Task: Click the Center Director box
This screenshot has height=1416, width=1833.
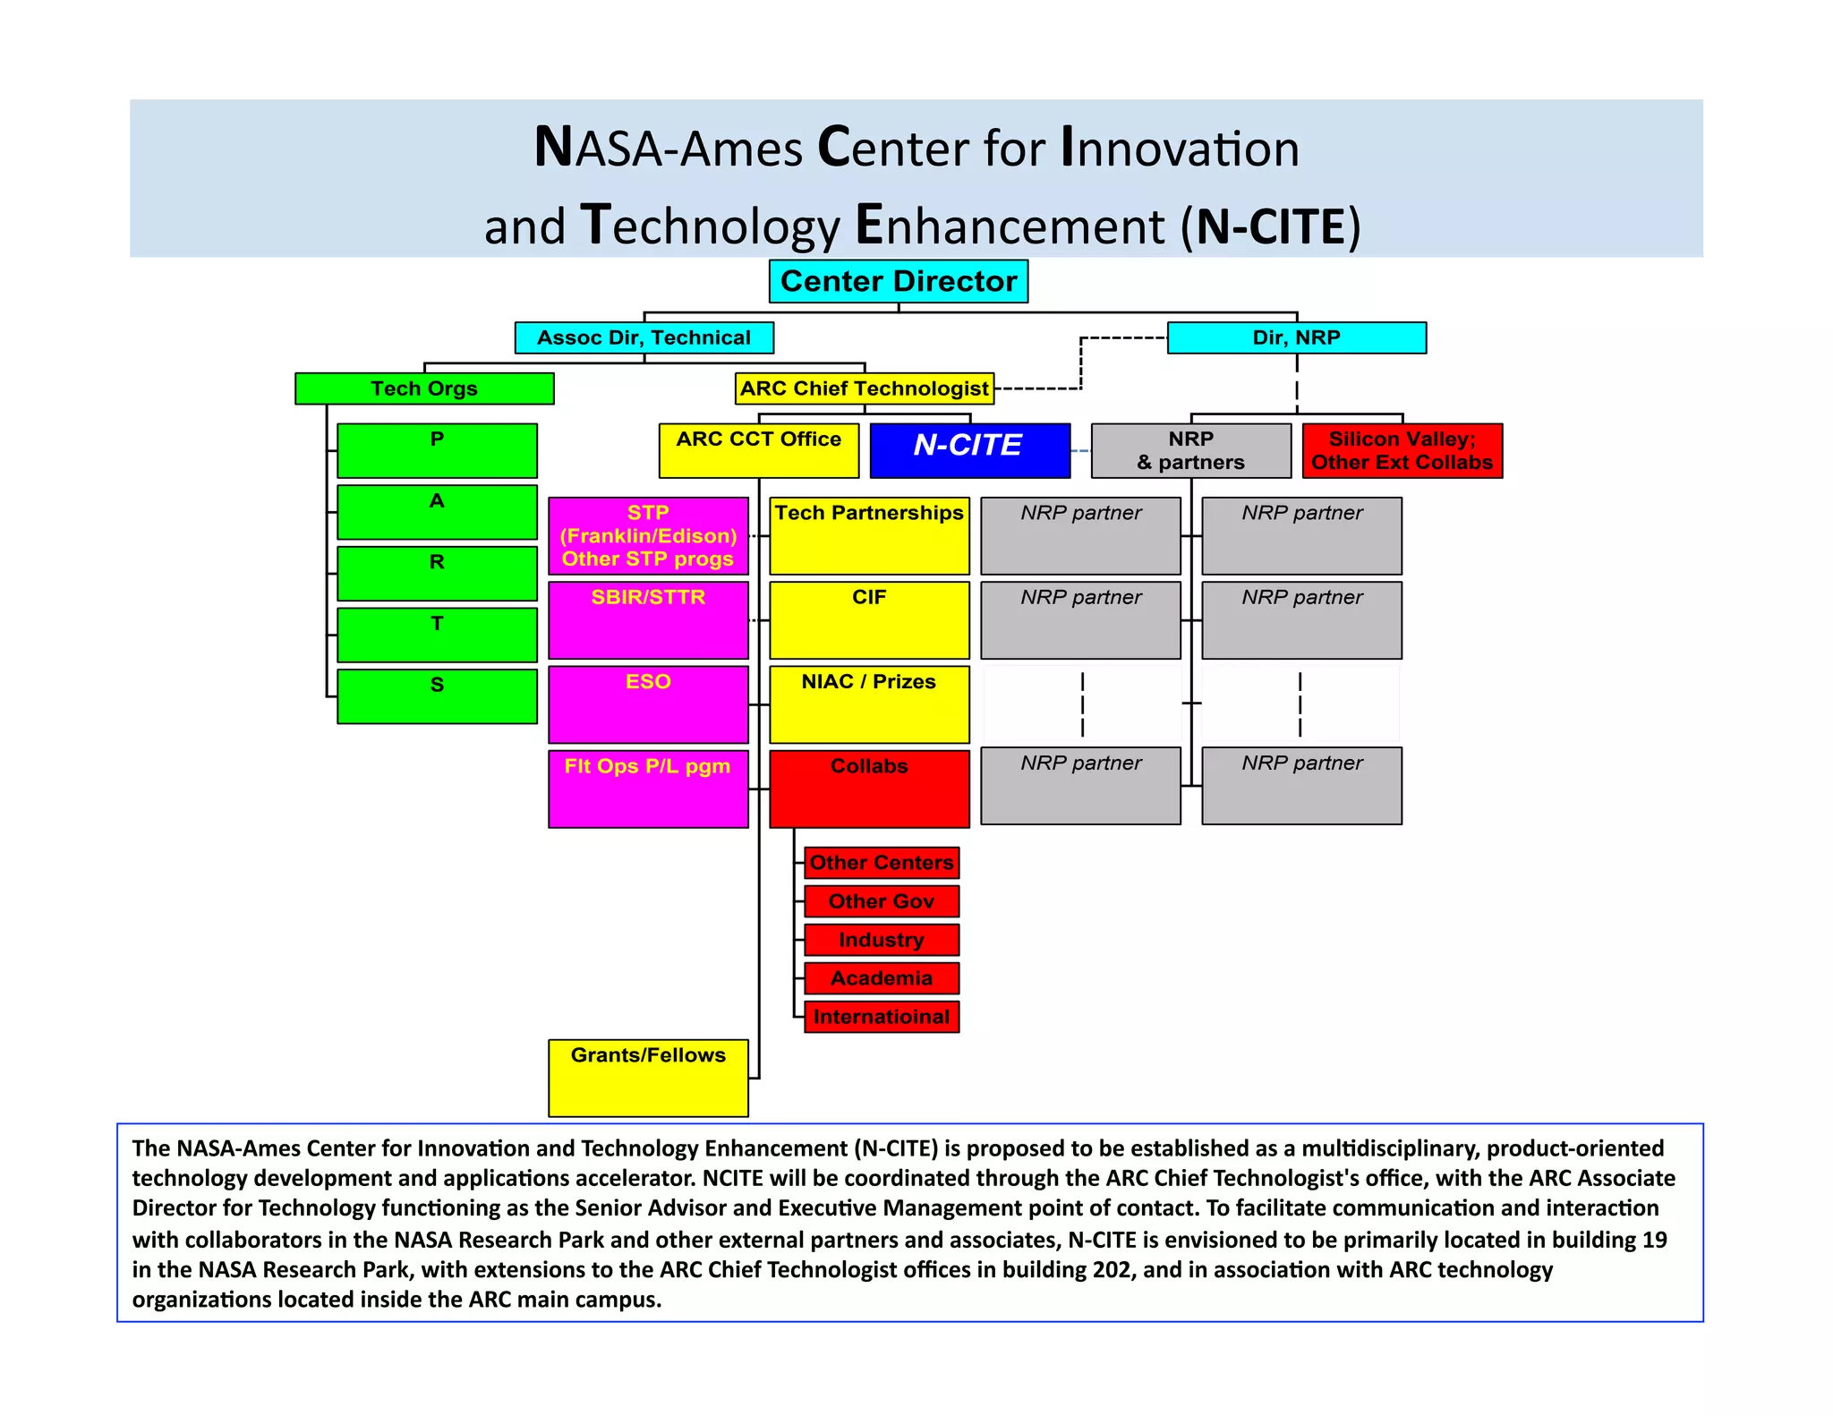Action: [x=898, y=281]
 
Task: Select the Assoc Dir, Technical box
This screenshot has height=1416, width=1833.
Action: [x=644, y=337]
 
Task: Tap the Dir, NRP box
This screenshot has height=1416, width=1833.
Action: [x=1296, y=337]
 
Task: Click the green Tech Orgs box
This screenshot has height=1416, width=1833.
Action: [x=424, y=388]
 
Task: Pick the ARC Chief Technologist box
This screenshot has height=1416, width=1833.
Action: [x=864, y=388]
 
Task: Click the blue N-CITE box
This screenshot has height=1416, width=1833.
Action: [x=969, y=450]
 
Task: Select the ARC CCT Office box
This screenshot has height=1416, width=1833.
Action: [x=758, y=450]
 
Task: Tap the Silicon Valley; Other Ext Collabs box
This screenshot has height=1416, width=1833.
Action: [x=1402, y=450]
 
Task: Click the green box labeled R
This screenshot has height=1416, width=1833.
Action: [x=437, y=573]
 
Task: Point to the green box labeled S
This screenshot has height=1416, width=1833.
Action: [x=437, y=695]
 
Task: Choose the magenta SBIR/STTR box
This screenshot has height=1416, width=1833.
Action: [x=648, y=619]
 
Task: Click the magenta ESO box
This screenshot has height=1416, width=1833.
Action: [x=648, y=704]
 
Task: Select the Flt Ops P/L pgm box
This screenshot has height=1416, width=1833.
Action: [x=648, y=788]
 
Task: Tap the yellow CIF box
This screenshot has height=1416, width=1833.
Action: [x=869, y=619]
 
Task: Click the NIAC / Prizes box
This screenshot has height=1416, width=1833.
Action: [x=869, y=704]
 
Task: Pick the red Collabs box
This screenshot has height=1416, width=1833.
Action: [x=869, y=788]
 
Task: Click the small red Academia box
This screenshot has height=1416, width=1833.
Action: [x=881, y=978]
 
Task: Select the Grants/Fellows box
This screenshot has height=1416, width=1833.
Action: [x=648, y=1077]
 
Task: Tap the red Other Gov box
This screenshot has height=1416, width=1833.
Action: [x=881, y=901]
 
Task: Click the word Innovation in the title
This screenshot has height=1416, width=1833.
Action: [x=1180, y=148]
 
